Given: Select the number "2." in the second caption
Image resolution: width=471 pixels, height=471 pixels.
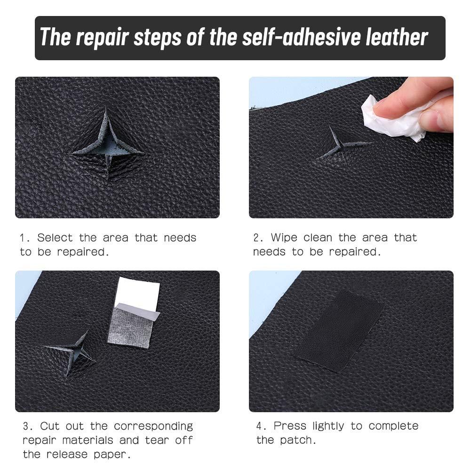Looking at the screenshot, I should point(258,238).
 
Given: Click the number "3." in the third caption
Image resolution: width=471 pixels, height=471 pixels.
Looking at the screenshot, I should point(28,426).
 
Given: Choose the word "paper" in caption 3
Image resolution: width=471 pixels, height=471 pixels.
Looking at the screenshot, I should point(113,455).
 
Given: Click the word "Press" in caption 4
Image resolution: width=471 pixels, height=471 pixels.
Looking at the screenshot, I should point(290,426).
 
